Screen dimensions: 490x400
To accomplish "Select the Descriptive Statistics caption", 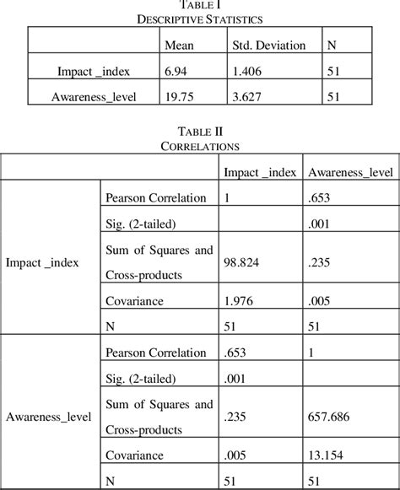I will click(201, 18).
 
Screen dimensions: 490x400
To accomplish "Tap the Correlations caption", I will click(200, 145).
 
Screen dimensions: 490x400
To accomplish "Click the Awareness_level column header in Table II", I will click(350, 174).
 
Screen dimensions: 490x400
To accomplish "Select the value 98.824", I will click(240, 262).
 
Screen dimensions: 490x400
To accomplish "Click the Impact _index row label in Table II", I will click(42, 262).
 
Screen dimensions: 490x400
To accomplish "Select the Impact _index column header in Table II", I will click(259, 174).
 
